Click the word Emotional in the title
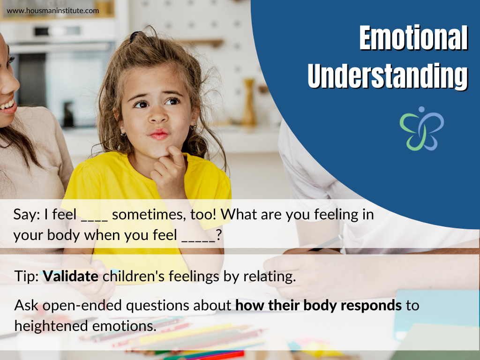click(x=413, y=38)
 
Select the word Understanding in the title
click(x=388, y=76)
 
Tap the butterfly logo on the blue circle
click(x=421, y=128)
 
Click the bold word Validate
click(x=71, y=277)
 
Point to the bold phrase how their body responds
click(x=318, y=306)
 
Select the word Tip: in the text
click(x=27, y=277)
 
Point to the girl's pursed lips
click(x=159, y=135)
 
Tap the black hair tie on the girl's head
click(x=135, y=36)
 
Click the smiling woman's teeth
click(x=6, y=105)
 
